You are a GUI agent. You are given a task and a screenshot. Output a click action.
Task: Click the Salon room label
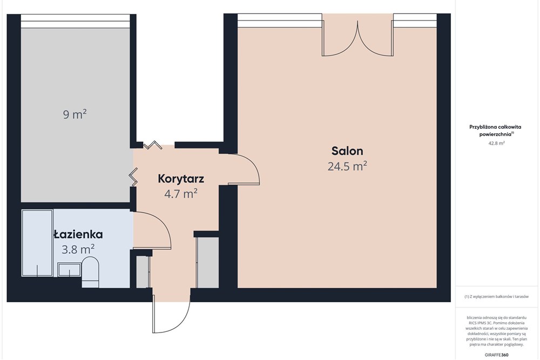(347, 151)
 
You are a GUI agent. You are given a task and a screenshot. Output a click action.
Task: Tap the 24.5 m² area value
(347, 167)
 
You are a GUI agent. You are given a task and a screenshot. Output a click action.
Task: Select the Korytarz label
(180, 178)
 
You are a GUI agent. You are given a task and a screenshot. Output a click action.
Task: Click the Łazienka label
(78, 234)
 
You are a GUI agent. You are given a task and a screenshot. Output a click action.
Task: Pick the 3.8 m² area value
(78, 249)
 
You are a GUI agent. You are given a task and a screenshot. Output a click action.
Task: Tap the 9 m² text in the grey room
(75, 114)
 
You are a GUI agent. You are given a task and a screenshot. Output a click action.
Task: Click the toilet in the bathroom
(90, 271)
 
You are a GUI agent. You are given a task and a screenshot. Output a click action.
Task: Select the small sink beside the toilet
(69, 269)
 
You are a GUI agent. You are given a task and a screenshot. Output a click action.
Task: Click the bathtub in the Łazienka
(37, 243)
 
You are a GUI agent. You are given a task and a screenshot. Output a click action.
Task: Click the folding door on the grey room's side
(133, 177)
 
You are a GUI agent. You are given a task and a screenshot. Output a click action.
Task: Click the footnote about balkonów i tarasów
(496, 297)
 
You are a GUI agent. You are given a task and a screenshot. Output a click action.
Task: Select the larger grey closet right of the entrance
(207, 262)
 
